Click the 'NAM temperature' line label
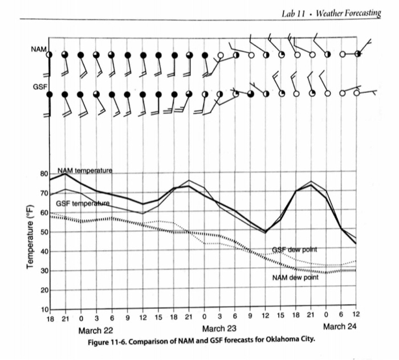click(85, 170)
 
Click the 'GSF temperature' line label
click(82, 203)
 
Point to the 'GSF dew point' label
click(294, 250)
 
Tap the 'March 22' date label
click(96, 330)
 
